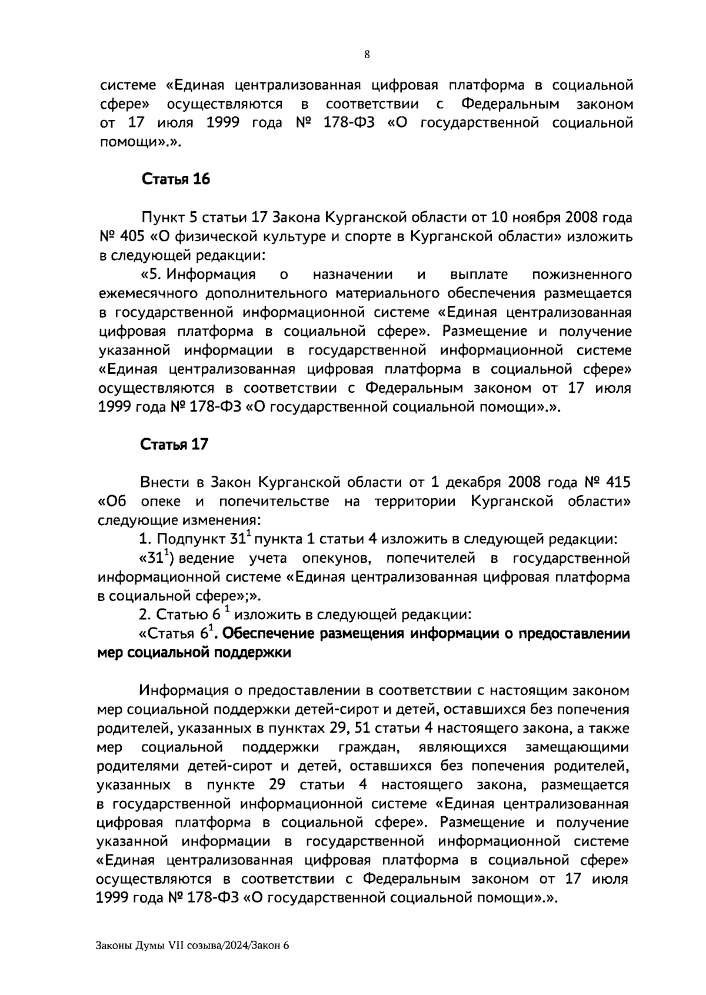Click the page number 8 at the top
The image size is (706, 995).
367,55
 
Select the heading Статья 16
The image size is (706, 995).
175,179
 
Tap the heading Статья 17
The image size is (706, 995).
174,445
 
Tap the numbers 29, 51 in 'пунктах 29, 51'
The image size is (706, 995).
350,729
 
